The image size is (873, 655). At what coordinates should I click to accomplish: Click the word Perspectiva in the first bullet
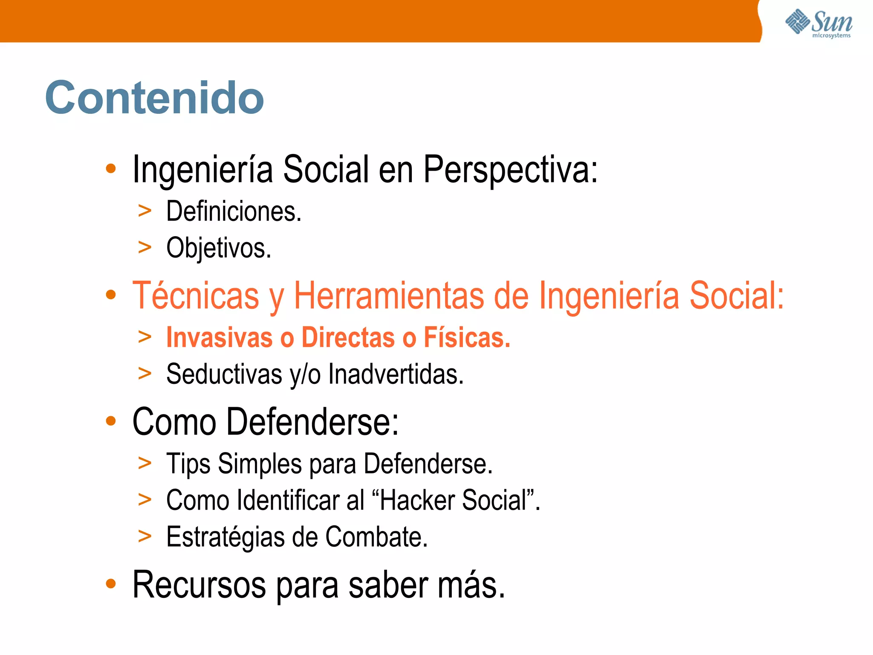click(511, 170)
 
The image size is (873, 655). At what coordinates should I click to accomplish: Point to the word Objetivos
click(218, 248)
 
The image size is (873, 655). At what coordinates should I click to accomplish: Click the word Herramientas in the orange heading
click(389, 296)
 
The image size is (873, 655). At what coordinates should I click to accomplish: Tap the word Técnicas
click(196, 296)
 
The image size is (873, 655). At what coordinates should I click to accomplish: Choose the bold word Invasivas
click(219, 337)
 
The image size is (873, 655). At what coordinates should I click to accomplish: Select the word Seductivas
click(224, 374)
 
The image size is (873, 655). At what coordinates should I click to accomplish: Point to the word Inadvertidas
click(396, 374)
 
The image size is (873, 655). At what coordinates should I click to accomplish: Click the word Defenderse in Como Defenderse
click(312, 422)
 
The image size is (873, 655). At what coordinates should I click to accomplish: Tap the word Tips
click(188, 464)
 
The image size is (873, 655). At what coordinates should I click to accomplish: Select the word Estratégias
click(225, 537)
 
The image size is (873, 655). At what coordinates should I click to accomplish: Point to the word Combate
click(376, 537)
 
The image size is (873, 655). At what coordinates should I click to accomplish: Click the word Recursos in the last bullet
click(199, 585)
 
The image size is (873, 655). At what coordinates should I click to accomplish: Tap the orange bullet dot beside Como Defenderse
click(111, 421)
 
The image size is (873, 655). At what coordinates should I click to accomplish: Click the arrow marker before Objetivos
click(145, 247)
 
